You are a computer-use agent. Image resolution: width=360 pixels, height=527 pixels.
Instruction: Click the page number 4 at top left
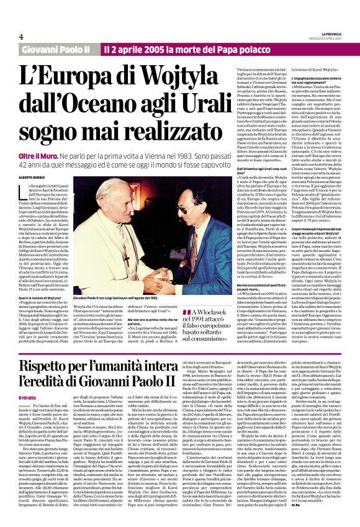click(x=20, y=37)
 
